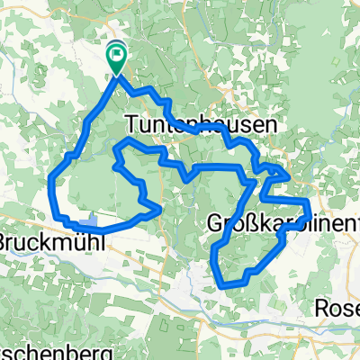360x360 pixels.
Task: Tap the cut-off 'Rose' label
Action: pyautogui.click(x=338, y=307)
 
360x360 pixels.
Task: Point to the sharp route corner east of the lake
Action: pyautogui.click(x=160, y=208)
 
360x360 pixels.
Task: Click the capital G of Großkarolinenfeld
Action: pyautogui.click(x=216, y=222)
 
